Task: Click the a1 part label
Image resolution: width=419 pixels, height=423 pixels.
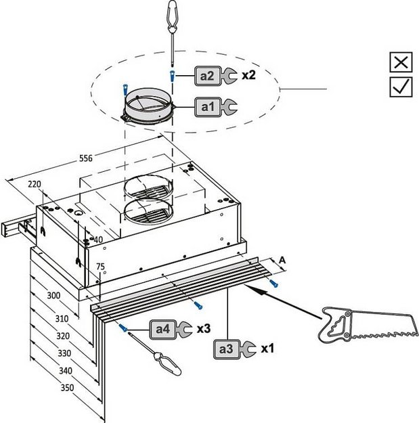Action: coord(207,106)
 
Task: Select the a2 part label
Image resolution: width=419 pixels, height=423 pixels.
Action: coord(207,76)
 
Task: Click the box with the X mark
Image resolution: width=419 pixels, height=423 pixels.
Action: coord(401,62)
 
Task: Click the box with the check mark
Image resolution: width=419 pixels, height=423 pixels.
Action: coord(401,86)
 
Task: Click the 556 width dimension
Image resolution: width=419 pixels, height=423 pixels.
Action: coord(85,158)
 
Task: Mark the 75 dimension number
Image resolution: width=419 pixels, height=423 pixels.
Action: coord(100,267)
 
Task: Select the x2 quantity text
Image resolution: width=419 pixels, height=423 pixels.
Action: coord(248,75)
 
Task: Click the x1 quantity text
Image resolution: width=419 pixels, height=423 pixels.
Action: coord(267,349)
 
